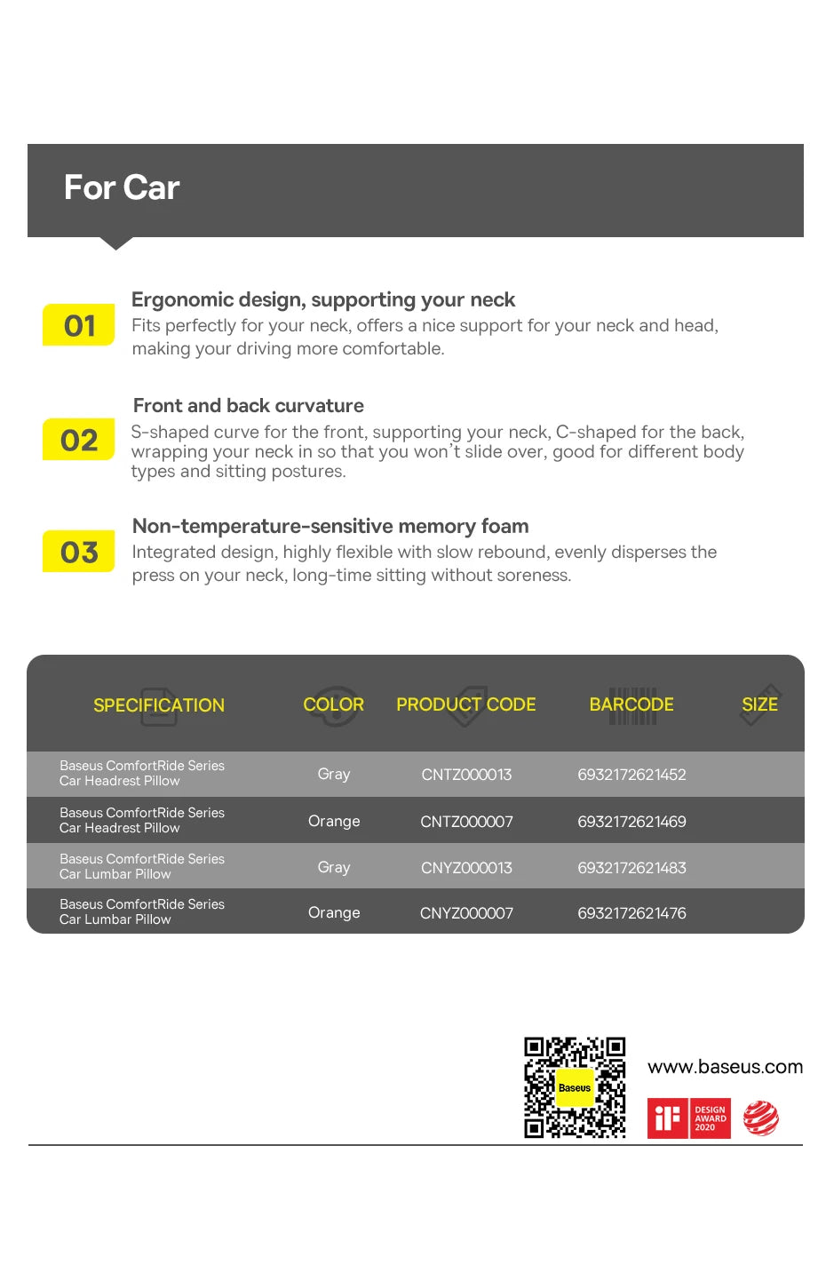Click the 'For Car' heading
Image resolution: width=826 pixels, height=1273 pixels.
pyautogui.click(x=122, y=187)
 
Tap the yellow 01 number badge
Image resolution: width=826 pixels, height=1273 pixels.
pyautogui.click(x=79, y=325)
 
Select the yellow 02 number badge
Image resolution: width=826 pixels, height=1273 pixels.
pyautogui.click(x=79, y=440)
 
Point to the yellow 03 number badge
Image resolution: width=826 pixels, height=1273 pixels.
pyautogui.click(x=79, y=552)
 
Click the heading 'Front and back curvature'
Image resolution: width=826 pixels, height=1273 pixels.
pyautogui.click(x=248, y=406)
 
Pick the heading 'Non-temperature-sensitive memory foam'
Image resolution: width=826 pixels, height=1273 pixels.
pyautogui.click(x=330, y=526)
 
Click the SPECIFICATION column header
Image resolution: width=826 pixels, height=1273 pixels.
pyautogui.click(x=159, y=705)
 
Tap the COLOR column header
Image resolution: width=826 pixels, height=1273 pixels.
pyautogui.click(x=333, y=704)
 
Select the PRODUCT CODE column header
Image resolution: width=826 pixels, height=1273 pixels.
pyautogui.click(x=465, y=704)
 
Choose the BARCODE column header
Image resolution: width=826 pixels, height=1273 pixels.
pyautogui.click(x=631, y=704)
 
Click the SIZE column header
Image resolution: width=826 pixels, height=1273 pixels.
pyautogui.click(x=759, y=704)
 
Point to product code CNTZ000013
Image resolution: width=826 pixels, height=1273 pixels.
pyautogui.click(x=466, y=775)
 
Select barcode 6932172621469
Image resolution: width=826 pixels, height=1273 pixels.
pyautogui.click(x=631, y=822)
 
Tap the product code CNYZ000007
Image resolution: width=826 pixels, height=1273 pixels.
pyautogui.click(x=466, y=913)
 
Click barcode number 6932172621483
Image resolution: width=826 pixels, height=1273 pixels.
pyautogui.click(x=631, y=868)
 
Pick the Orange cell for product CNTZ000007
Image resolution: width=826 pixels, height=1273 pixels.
pyautogui.click(x=334, y=822)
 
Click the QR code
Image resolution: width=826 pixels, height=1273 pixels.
pyautogui.click(x=575, y=1087)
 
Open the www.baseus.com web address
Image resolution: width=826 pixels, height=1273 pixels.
pyautogui.click(x=725, y=1067)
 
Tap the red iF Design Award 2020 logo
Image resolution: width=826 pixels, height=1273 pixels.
pyautogui.click(x=688, y=1118)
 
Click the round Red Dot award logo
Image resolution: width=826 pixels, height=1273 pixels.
pyautogui.click(x=761, y=1118)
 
